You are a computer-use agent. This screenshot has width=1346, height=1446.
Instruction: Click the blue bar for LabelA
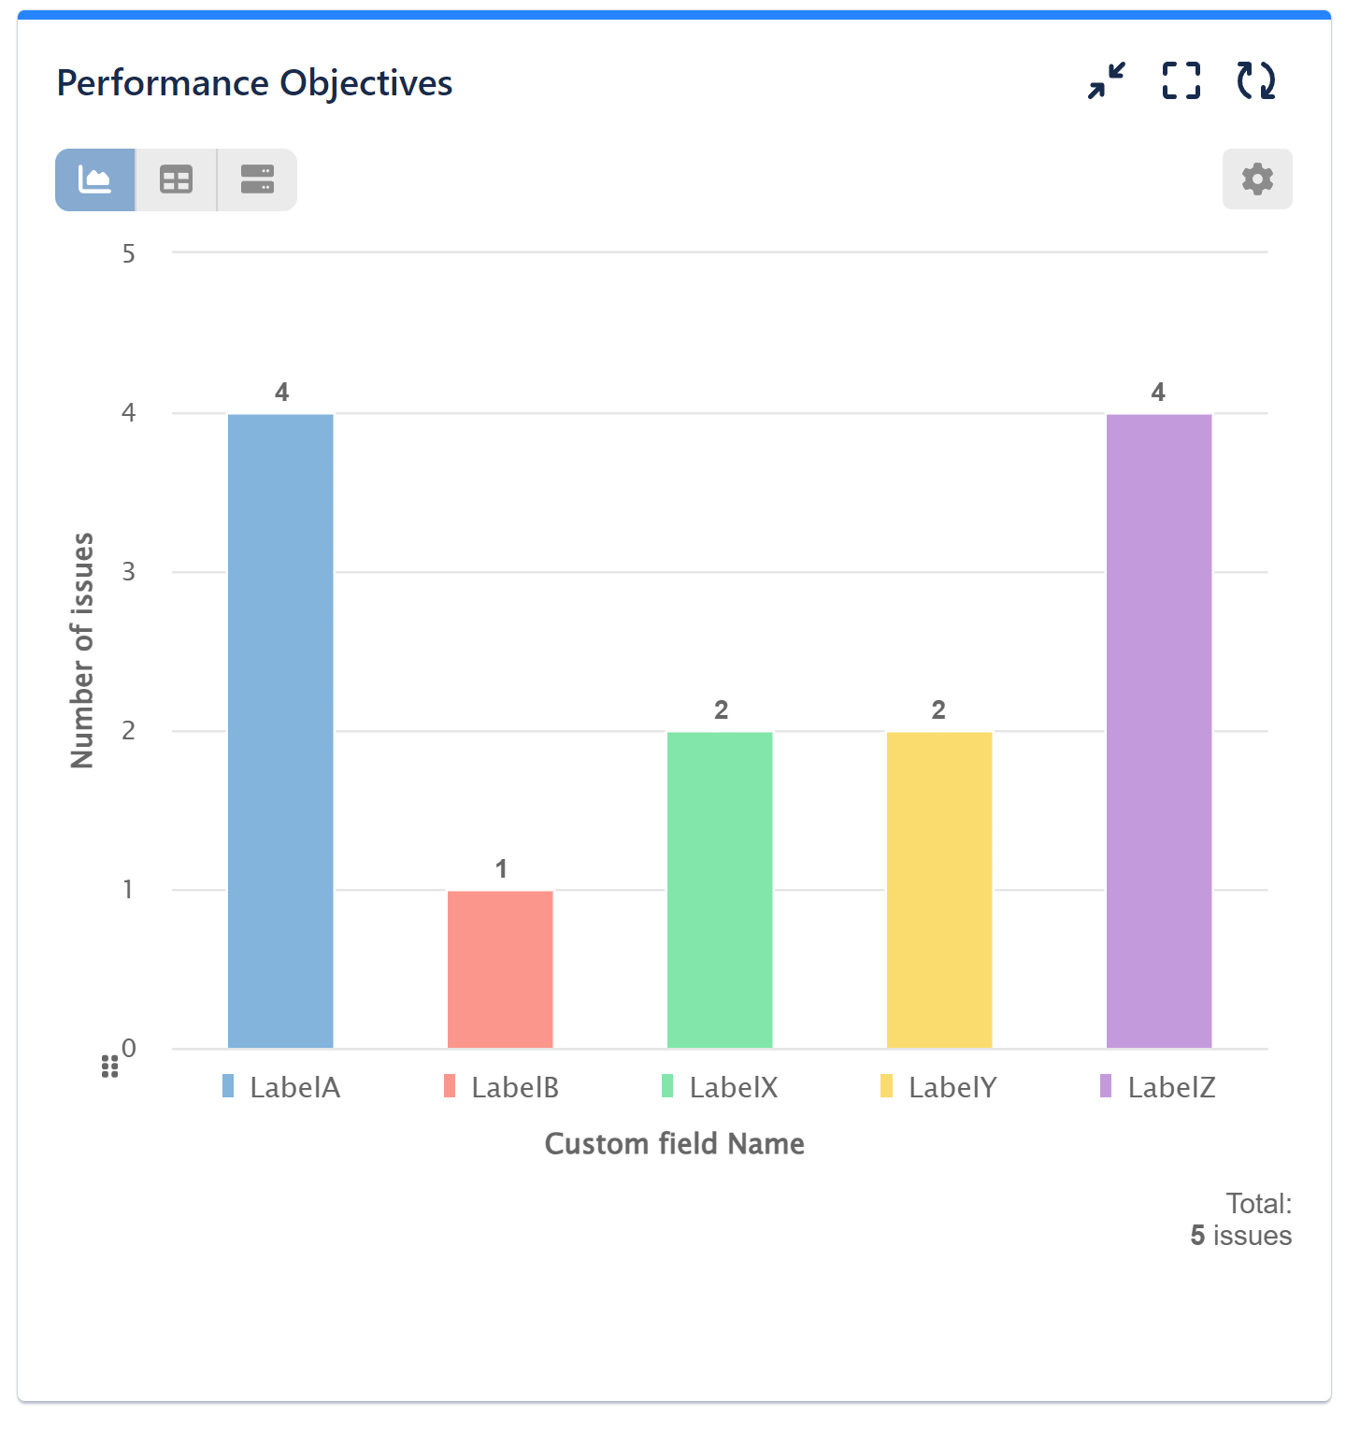coord(280,730)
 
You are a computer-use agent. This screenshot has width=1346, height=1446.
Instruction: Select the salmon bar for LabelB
coord(500,968)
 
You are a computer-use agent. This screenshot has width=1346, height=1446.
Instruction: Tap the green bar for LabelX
coord(720,889)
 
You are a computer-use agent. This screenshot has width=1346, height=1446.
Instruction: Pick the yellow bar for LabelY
coord(939,889)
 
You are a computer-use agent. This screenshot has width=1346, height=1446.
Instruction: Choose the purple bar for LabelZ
coord(1159,730)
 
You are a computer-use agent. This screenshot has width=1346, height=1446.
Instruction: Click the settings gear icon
coord(1257,179)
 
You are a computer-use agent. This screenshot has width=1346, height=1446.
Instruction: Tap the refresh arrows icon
coord(1255,81)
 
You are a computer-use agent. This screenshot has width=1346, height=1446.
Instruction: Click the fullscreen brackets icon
coord(1181,81)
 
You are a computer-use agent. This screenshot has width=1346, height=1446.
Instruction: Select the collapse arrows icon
coord(1107,81)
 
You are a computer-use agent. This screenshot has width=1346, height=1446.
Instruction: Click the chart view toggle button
coord(95,179)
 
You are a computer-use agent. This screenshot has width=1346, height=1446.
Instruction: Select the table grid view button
coord(176,179)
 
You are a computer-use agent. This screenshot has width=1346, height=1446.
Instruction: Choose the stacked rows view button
coord(257,179)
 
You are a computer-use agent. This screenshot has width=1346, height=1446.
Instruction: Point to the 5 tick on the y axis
coord(129,254)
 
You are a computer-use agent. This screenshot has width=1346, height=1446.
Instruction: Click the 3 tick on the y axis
coord(129,572)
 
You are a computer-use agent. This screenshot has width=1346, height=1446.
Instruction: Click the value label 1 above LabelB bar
coord(501,869)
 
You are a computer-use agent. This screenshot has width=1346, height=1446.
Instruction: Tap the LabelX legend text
coord(734,1087)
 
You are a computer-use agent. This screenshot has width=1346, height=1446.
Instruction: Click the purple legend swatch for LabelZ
coord(1106,1086)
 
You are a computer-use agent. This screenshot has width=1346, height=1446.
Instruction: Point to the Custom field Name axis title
coord(674,1144)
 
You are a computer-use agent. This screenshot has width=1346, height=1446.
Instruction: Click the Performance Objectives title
coord(254,83)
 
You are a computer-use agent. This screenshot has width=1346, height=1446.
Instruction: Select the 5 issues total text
coord(1240,1236)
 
